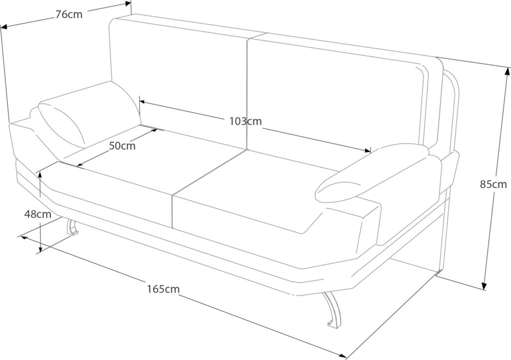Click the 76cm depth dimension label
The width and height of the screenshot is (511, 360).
click(69, 14)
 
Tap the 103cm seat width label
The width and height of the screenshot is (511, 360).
click(246, 121)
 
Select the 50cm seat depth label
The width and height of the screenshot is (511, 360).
click(122, 146)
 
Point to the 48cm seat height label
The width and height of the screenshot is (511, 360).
click(38, 214)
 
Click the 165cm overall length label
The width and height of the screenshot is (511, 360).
click(163, 288)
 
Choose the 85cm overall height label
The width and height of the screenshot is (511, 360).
click(493, 184)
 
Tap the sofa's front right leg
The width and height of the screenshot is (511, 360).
click(331, 309)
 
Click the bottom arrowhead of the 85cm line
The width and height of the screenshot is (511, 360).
click(484, 286)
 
